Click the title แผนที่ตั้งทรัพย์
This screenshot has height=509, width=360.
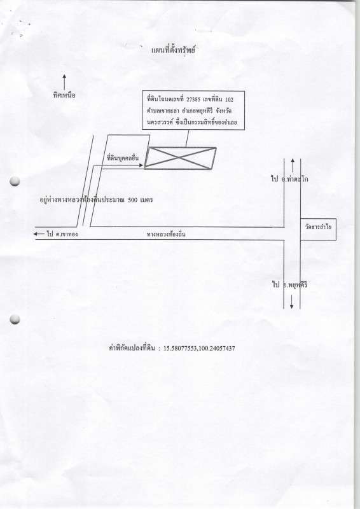click(173, 50)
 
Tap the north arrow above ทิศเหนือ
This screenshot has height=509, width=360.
click(64, 82)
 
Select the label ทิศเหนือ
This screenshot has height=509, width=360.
click(64, 95)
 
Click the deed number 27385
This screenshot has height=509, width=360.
click(193, 99)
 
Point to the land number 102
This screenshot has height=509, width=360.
click(229, 99)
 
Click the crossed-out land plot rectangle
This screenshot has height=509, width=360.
click(181, 158)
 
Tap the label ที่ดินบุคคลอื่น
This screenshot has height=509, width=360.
click(123, 158)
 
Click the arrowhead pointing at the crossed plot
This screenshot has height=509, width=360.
click(141, 165)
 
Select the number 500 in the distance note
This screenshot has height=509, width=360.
click(132, 200)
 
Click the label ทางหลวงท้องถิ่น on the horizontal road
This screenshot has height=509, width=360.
click(166, 234)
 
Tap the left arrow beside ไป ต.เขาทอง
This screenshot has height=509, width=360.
click(39, 234)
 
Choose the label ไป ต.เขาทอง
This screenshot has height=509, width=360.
click(62, 234)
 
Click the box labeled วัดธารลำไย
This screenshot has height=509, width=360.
click(318, 229)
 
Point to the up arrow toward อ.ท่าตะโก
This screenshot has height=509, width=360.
click(293, 165)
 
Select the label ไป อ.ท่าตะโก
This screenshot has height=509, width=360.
click(289, 179)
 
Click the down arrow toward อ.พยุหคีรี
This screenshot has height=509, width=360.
click(291, 302)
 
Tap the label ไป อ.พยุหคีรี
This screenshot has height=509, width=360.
click(289, 285)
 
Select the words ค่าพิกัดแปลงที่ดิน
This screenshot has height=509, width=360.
click(134, 348)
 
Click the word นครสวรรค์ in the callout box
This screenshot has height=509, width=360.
click(158, 123)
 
